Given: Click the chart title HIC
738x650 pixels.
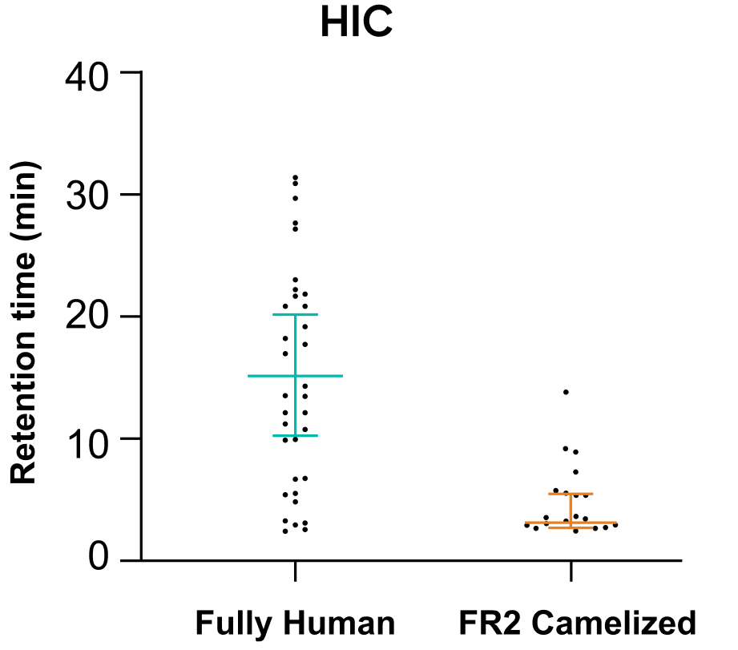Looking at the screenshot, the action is (x=357, y=22).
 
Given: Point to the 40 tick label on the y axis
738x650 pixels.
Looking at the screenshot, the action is (x=87, y=77).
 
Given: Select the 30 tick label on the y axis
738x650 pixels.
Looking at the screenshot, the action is (x=87, y=196).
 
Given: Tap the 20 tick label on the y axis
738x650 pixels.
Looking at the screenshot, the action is (x=87, y=316).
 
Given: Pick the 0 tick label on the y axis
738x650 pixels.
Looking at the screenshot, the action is (x=99, y=557).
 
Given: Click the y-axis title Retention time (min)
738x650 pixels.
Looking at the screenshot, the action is (x=23, y=322).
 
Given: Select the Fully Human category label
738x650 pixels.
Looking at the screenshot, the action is (x=295, y=624).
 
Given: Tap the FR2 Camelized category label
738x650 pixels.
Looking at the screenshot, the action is (x=578, y=624).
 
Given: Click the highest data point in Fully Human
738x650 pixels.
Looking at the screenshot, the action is (x=295, y=177).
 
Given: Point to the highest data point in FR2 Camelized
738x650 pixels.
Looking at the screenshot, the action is (x=566, y=392).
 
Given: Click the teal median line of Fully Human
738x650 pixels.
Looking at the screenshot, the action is (x=295, y=376).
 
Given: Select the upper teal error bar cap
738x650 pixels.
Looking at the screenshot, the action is (x=295, y=314).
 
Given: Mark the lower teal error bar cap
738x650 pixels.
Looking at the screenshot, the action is (x=295, y=435).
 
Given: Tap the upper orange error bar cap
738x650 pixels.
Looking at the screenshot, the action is (x=571, y=494).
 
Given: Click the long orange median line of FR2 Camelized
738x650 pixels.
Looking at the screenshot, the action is (x=571, y=523).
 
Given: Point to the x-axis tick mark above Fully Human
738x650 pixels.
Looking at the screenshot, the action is (x=295, y=571).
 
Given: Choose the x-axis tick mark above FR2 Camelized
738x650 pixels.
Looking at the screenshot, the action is (x=571, y=571).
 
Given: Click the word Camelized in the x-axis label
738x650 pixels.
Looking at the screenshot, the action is (x=614, y=624).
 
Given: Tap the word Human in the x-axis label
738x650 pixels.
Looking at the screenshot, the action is (x=339, y=624).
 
